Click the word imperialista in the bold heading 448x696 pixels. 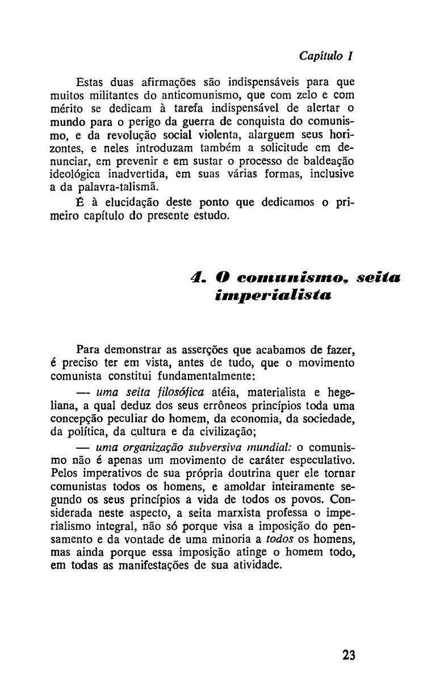coord(261,296)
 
